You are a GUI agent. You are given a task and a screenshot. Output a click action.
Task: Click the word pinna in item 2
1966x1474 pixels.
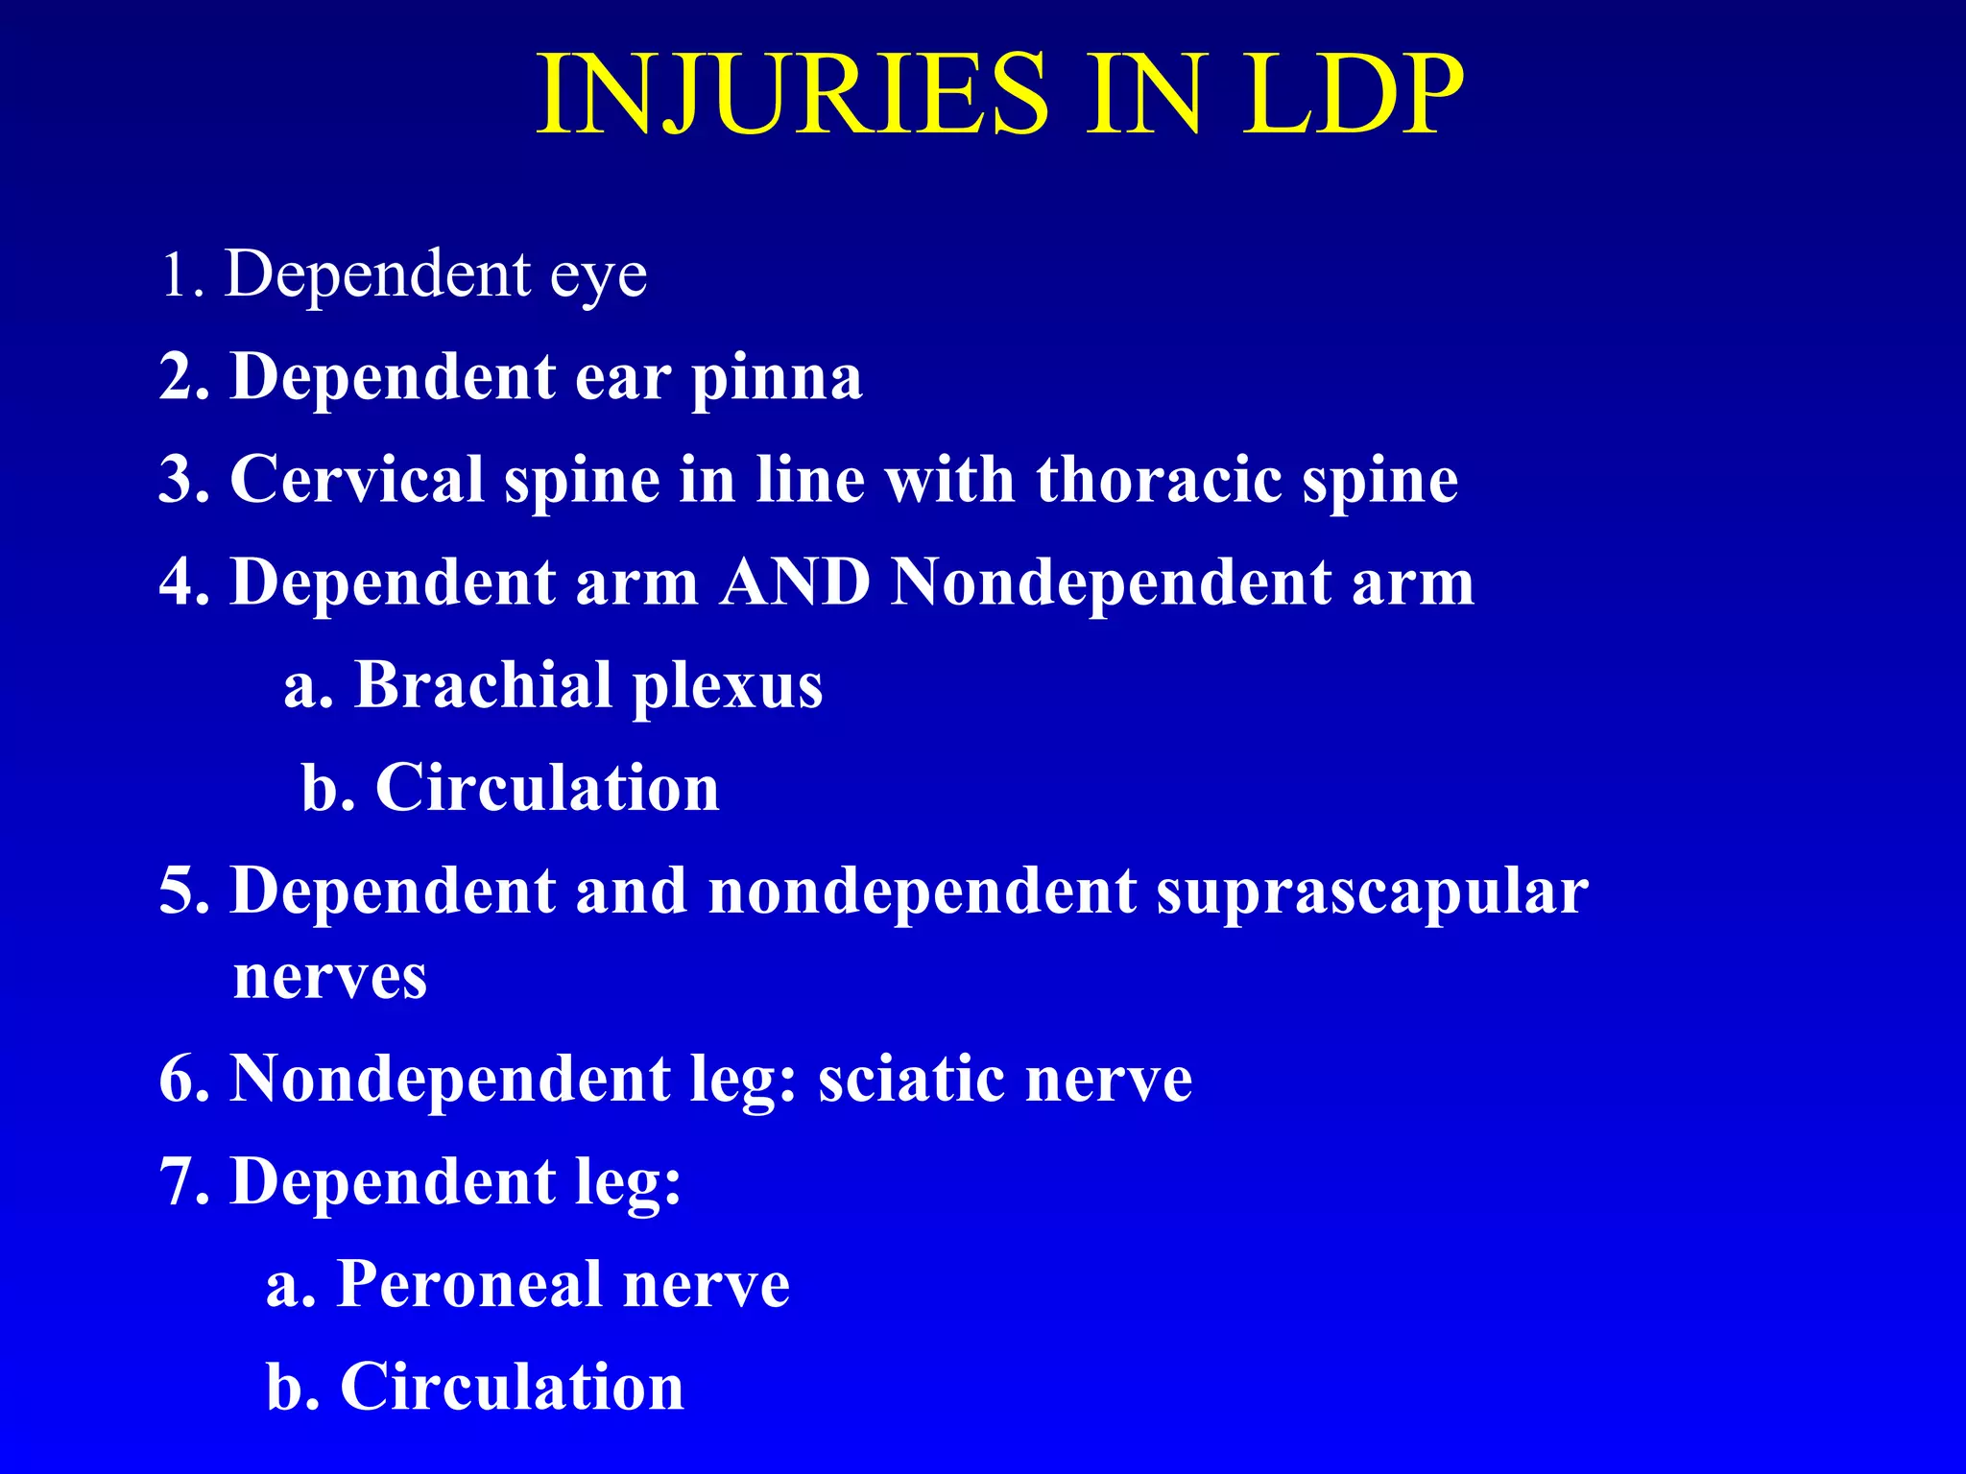[x=777, y=379]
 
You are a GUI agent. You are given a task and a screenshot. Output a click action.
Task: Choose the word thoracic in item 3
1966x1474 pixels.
[x=1158, y=479]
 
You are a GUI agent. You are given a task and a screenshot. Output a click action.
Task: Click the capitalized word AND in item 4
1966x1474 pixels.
[x=795, y=582]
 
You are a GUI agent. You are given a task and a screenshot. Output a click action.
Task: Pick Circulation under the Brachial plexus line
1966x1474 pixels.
[x=547, y=788]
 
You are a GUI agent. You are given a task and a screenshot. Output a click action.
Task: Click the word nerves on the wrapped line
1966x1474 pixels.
[x=330, y=979]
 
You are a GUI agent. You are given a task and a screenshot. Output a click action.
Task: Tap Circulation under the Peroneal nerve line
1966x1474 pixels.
[x=512, y=1387]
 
